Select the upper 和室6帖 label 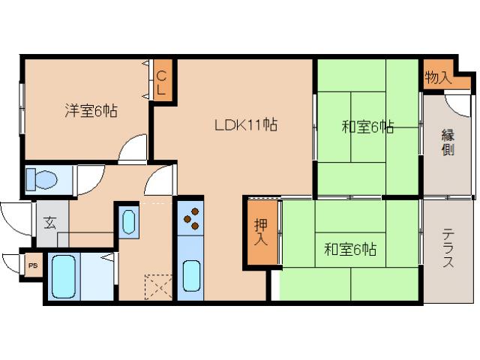click(x=367, y=127)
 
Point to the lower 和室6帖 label click(x=349, y=250)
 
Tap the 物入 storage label click(x=437, y=77)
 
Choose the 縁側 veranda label click(x=448, y=141)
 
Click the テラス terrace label click(x=447, y=248)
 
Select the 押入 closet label click(x=261, y=232)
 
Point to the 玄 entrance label click(x=49, y=223)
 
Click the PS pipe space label click(x=32, y=265)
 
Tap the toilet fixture click(x=41, y=180)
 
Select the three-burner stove click(x=192, y=218)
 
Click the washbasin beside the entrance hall click(x=128, y=222)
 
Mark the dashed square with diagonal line click(x=158, y=286)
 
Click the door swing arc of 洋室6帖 click(x=133, y=149)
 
